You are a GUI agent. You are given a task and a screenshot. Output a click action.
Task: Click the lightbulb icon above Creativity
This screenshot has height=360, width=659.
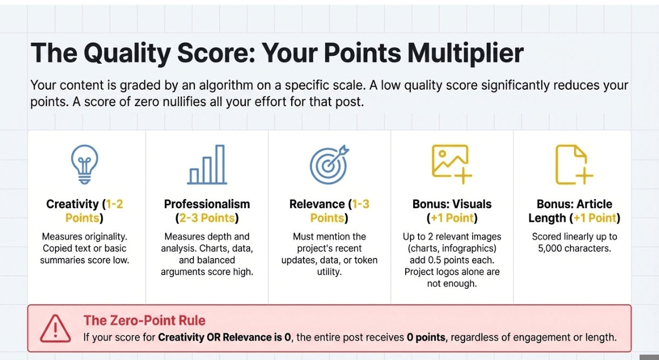(x=85, y=164)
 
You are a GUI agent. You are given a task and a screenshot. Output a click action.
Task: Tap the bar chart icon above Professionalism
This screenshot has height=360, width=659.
(x=207, y=164)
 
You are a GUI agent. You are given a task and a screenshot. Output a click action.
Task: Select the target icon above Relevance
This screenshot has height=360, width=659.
(x=329, y=164)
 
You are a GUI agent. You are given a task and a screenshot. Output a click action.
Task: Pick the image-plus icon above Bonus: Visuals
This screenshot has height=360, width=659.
(x=452, y=164)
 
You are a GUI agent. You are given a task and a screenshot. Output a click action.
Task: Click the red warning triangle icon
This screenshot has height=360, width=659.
(x=55, y=329)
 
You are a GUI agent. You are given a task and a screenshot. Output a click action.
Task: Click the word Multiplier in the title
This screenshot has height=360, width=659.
(x=466, y=54)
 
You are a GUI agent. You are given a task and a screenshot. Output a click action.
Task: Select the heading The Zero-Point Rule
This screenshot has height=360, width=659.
(x=144, y=320)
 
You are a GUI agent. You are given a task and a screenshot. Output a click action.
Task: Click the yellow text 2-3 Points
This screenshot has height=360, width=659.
(x=207, y=218)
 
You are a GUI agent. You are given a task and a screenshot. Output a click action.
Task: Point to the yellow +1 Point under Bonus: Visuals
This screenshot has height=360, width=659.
(x=452, y=218)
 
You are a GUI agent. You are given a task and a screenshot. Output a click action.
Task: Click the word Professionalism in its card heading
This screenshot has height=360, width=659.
(x=207, y=204)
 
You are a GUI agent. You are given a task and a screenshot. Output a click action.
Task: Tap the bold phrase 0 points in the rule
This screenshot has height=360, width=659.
(x=426, y=337)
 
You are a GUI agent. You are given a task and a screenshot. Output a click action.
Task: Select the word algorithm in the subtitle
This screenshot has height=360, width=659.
(x=226, y=85)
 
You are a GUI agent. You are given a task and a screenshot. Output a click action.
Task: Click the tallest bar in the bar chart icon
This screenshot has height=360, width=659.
(x=220, y=164)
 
